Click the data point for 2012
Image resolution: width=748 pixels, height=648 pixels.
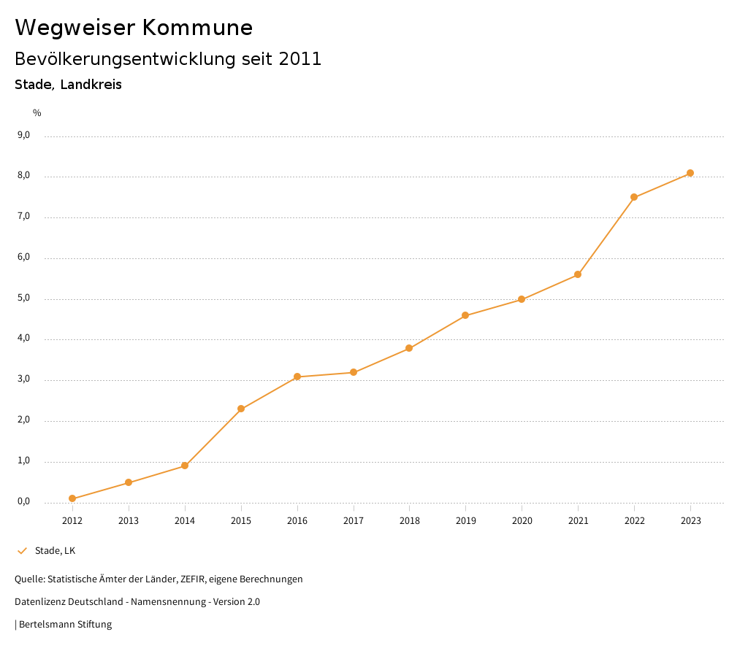[x=72, y=498]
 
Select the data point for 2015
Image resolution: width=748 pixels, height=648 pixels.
[x=241, y=409]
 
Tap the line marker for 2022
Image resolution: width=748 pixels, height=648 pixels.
[x=634, y=197]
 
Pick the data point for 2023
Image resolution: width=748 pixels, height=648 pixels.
[x=690, y=173]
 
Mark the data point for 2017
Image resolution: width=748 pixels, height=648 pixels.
[x=354, y=372]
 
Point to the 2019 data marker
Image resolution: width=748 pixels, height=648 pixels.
[x=465, y=315]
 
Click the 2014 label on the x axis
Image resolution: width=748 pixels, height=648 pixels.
[x=185, y=520]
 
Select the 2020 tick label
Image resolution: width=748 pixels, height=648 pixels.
[x=522, y=520]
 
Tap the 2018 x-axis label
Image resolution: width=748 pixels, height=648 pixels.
[x=409, y=520]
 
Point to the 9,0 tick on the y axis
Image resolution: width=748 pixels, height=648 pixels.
[x=23, y=135]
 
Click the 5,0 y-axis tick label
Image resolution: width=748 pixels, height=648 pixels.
[x=23, y=298]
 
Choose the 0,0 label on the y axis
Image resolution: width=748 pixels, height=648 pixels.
[x=23, y=501]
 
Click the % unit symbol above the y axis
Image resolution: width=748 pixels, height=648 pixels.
[x=37, y=112]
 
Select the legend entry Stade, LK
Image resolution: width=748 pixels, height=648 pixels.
[x=55, y=550]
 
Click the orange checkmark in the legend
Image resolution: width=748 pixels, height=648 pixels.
[x=22, y=550]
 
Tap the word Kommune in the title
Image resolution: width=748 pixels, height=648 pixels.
[x=197, y=28]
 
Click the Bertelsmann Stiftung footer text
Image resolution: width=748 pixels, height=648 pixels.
[x=65, y=624]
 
